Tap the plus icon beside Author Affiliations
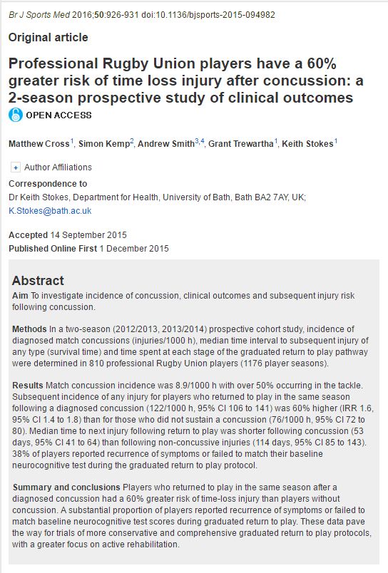16,167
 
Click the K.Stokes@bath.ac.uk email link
50,211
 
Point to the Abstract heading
38,280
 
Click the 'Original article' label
48,37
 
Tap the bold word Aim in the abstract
21,295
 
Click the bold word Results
28,386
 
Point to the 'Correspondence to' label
47,183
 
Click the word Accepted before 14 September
28,235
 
